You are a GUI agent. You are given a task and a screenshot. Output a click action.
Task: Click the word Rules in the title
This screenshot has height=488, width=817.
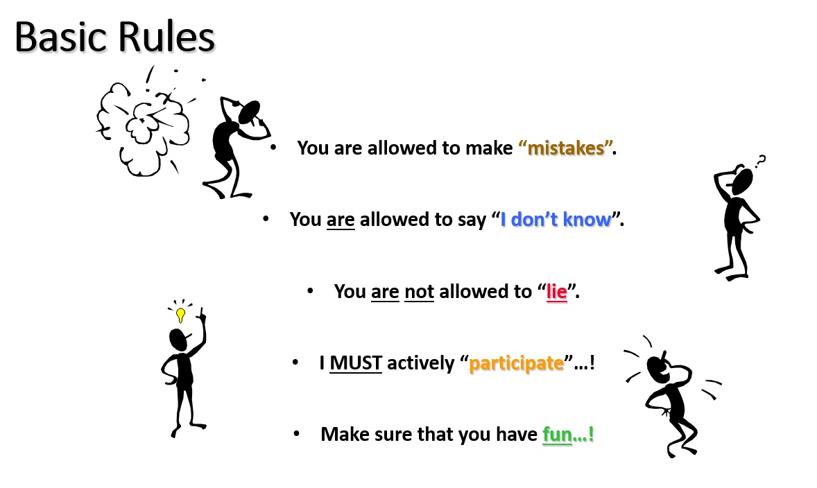(166, 37)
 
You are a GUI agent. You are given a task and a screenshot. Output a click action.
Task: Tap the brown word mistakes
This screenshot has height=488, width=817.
(566, 148)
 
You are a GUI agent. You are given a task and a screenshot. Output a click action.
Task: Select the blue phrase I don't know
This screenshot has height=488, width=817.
(556, 219)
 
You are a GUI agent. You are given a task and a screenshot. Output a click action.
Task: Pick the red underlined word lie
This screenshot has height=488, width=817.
(556, 292)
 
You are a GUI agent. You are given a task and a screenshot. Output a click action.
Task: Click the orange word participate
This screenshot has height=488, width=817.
(517, 363)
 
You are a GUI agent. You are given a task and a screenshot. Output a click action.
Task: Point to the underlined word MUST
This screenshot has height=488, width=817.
(356, 363)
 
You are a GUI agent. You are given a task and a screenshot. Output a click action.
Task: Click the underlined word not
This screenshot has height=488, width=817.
(419, 292)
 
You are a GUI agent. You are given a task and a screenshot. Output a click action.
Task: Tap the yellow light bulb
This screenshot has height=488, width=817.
(180, 315)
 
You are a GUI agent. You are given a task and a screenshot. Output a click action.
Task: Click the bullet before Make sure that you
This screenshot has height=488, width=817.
(296, 433)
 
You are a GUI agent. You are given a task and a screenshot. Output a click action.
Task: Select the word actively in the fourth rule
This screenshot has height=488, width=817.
(420, 363)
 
